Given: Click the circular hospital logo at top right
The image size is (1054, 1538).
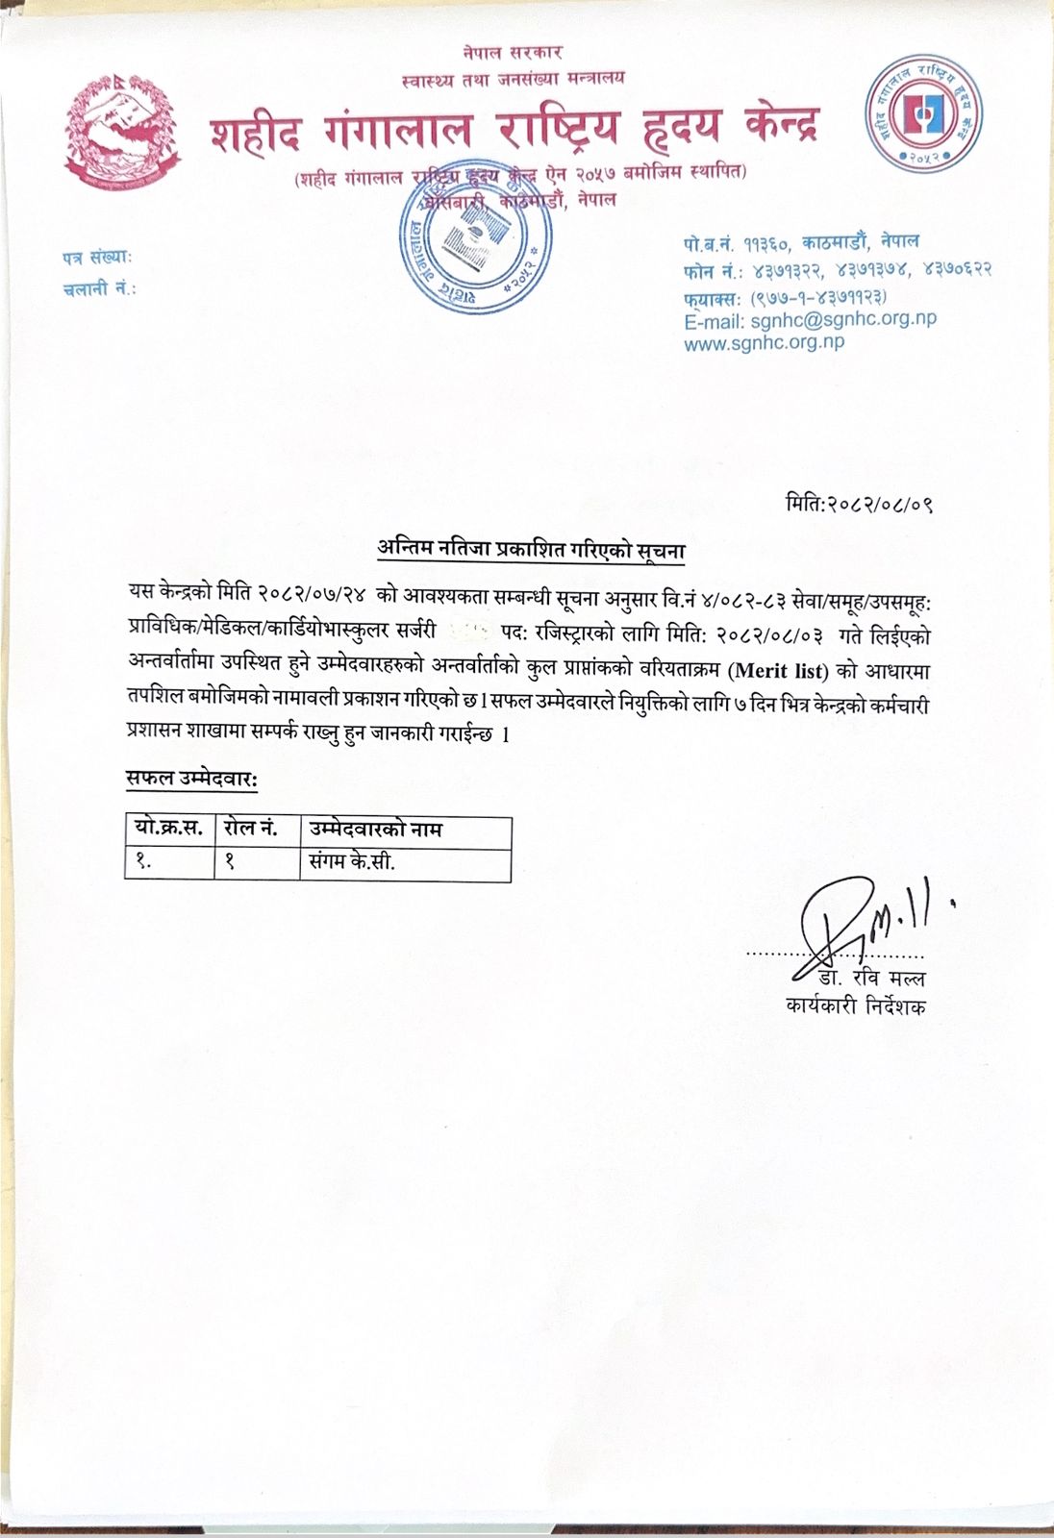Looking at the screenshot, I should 923,112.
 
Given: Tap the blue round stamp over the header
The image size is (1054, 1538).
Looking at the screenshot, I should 477,236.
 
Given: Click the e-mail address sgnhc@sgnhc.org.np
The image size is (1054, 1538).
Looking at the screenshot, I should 810,320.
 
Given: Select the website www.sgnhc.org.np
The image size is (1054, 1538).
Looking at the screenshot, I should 764,343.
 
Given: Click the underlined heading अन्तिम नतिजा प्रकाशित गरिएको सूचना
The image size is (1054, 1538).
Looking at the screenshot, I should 531,550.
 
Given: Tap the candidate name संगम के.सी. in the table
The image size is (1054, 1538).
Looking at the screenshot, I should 352,862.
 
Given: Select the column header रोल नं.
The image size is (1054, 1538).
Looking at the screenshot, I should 251,829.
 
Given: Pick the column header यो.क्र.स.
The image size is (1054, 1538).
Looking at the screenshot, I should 169,829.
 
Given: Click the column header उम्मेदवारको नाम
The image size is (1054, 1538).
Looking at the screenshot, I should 376,829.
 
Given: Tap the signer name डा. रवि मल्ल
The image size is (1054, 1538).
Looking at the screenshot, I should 872,979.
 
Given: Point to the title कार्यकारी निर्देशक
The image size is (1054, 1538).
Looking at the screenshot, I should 856,1006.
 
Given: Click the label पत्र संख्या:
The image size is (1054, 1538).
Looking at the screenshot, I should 97,258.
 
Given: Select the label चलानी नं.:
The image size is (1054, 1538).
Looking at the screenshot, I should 100,287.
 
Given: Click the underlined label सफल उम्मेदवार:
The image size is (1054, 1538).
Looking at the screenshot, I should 191,779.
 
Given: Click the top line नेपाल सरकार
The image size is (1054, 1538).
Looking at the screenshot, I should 512,53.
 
